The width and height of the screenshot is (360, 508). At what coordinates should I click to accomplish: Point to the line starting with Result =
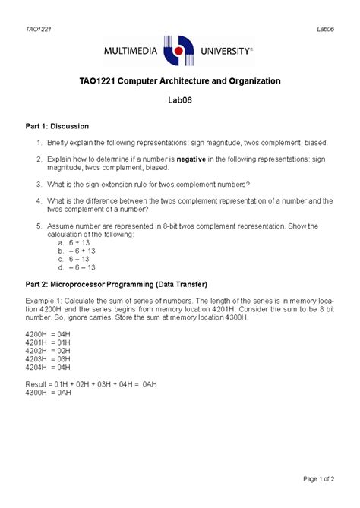tap(99, 385)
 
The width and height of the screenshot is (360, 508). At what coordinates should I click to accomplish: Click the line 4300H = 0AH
tap(47, 393)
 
